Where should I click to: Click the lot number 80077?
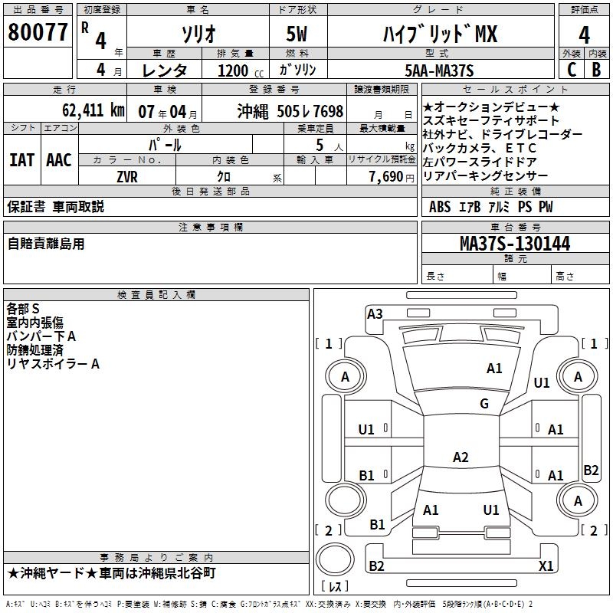pyautogui.click(x=38, y=33)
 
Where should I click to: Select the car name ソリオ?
pyautogui.click(x=197, y=34)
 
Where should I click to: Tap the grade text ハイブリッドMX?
pyautogui.click(x=439, y=34)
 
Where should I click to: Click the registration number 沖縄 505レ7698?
pyautogui.click(x=290, y=110)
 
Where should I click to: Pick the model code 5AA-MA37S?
pyautogui.click(x=439, y=70)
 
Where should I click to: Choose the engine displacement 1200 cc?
pyautogui.click(x=233, y=70)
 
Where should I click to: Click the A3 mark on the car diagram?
pyautogui.click(x=375, y=313)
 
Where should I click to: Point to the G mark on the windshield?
pyautogui.click(x=484, y=404)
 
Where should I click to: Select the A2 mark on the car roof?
pyautogui.click(x=460, y=457)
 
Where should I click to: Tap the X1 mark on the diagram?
pyautogui.click(x=546, y=565)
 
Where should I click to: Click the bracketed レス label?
pyautogui.click(x=336, y=587)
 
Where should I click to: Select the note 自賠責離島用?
pyautogui.click(x=47, y=244)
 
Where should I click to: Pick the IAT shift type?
pyautogui.click(x=21, y=160)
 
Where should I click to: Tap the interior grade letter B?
pyautogui.click(x=596, y=70)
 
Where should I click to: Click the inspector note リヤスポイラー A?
pyautogui.click(x=53, y=364)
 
